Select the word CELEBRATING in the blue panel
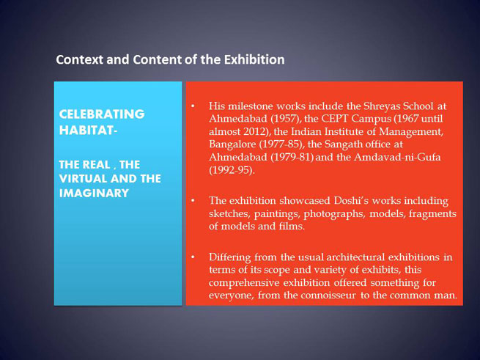tap(102, 114)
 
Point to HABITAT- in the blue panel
tap(88, 131)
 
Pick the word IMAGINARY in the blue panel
tap(94, 194)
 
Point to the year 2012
tap(255, 132)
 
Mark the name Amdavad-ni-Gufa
tap(397, 158)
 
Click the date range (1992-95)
tap(232, 170)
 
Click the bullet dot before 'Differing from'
tap(193, 257)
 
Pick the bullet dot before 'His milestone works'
tap(193, 106)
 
